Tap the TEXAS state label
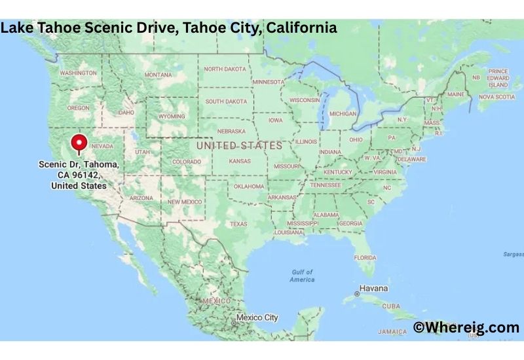point(238,224)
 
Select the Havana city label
point(373,289)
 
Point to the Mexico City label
point(257,317)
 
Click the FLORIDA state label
point(365,257)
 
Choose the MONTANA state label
point(158,75)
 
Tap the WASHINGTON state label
point(78,73)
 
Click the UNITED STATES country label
point(239,145)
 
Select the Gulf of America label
point(302,276)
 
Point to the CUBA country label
point(391,306)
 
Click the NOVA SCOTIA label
point(496,97)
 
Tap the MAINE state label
point(455,94)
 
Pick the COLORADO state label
point(187,162)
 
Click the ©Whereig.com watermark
point(466,327)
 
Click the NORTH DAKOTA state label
point(225,69)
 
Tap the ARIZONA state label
point(141,198)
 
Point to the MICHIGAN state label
point(343,114)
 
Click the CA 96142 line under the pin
point(79,176)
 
